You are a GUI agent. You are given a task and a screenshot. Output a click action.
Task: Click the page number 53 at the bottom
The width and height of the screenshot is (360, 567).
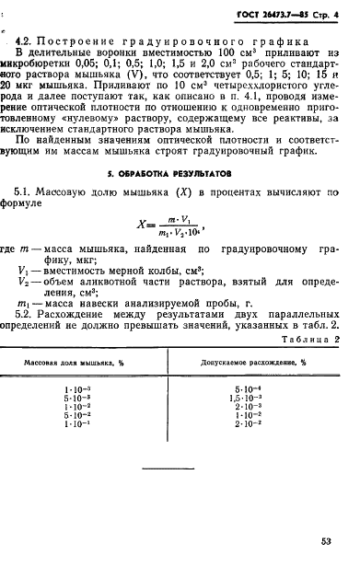(x=333, y=542)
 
